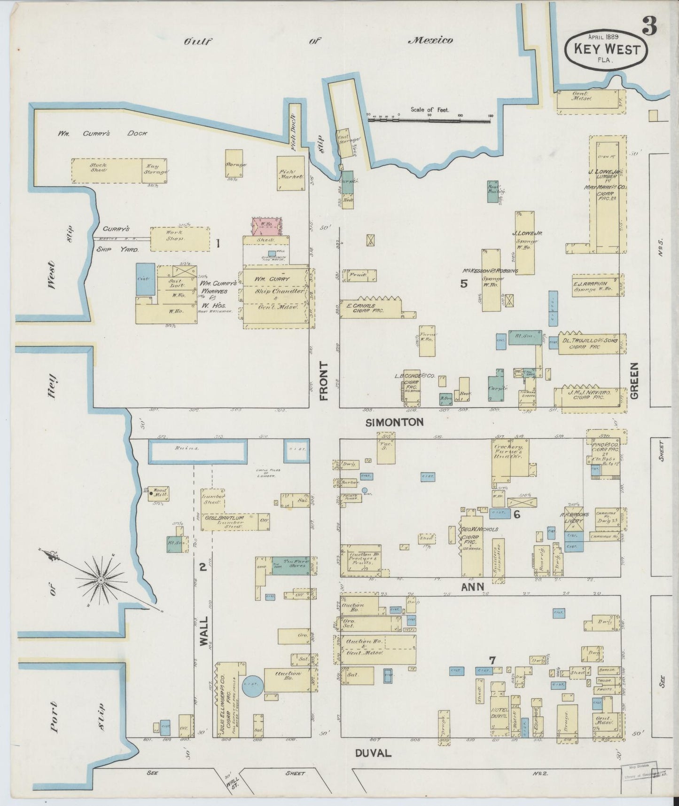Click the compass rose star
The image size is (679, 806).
coord(101,581)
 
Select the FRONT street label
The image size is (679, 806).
coord(324,381)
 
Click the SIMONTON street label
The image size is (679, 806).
coord(394,422)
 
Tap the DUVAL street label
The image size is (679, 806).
coord(374,753)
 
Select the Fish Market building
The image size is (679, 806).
coord(291,173)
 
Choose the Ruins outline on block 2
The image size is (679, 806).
coord(197,450)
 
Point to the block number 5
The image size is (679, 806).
coord(464,284)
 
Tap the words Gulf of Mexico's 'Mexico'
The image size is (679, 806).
coord(431,40)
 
